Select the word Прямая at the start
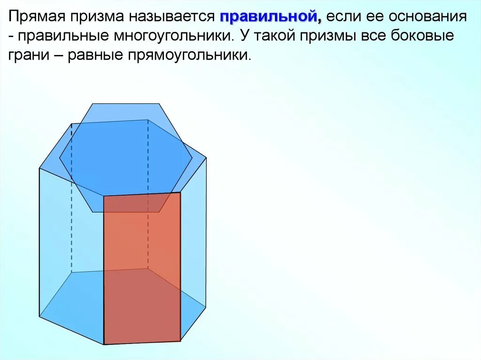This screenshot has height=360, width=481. [38, 17]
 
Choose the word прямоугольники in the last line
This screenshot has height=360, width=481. [187, 55]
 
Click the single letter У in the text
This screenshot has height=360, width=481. [244, 36]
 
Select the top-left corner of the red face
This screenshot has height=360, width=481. [104, 196]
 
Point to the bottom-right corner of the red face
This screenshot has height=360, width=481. [180, 340]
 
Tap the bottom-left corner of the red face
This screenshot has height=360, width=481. [104, 345]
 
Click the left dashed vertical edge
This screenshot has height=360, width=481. [71, 197]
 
